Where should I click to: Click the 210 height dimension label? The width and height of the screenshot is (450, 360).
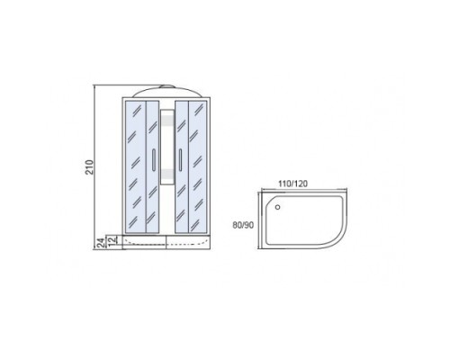[90, 167]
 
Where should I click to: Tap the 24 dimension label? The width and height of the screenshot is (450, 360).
[102, 242]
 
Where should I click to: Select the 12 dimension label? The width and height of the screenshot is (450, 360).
[112, 240]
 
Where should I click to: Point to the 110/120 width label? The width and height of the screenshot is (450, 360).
[292, 184]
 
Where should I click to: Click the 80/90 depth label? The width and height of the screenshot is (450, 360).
[243, 225]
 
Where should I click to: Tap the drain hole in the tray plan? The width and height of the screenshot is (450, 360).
[277, 207]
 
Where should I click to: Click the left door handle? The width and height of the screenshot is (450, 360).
[154, 160]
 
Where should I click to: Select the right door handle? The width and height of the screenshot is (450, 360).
[180, 160]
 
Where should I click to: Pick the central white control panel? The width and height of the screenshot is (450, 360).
[167, 147]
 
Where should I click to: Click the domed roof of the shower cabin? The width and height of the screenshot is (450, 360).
[166, 93]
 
